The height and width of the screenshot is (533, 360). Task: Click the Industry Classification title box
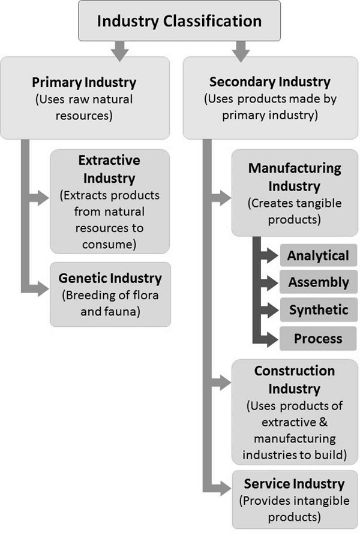pyautogui.click(x=179, y=22)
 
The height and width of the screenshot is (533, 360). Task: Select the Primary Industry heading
pyautogui.click(x=92, y=82)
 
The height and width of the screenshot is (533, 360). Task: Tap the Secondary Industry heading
pyautogui.click(x=269, y=82)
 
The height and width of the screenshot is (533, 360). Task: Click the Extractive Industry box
pyautogui.click(x=109, y=201)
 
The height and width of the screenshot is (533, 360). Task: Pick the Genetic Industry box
pyautogui.click(x=110, y=294)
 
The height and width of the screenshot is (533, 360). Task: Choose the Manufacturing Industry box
pyautogui.click(x=295, y=193)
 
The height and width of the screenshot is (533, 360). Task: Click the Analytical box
pyautogui.click(x=318, y=256)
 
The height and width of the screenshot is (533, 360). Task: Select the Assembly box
pyautogui.click(x=318, y=282)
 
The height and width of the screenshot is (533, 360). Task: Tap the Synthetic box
pyautogui.click(x=318, y=310)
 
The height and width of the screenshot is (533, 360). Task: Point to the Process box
pyautogui.click(x=318, y=339)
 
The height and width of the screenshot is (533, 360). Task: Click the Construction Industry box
pyautogui.click(x=295, y=412)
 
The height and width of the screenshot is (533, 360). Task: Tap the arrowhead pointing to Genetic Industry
pyautogui.click(x=43, y=289)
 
